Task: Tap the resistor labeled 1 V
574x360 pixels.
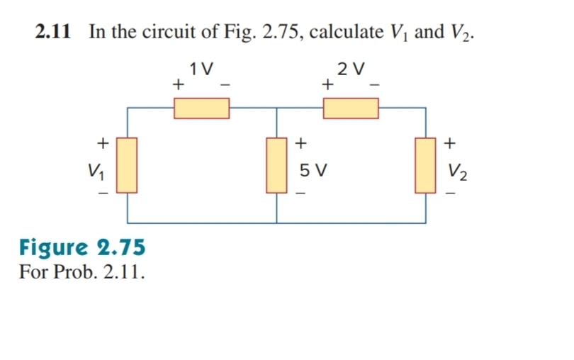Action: click(202, 108)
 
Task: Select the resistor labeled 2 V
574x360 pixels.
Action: click(351, 108)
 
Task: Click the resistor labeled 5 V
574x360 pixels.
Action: click(276, 165)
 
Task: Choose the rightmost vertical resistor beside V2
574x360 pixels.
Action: click(425, 165)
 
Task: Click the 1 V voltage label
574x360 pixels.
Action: click(202, 69)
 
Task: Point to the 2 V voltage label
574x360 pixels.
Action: click(351, 69)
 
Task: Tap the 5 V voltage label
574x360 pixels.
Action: click(313, 171)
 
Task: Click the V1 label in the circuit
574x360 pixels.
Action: click(92, 170)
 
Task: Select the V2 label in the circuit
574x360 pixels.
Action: click(455, 171)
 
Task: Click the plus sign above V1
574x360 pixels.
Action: click(103, 142)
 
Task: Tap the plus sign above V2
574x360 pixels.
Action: click(449, 142)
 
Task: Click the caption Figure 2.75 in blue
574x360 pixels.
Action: click(82, 247)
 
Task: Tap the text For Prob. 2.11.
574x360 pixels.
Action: click(82, 272)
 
